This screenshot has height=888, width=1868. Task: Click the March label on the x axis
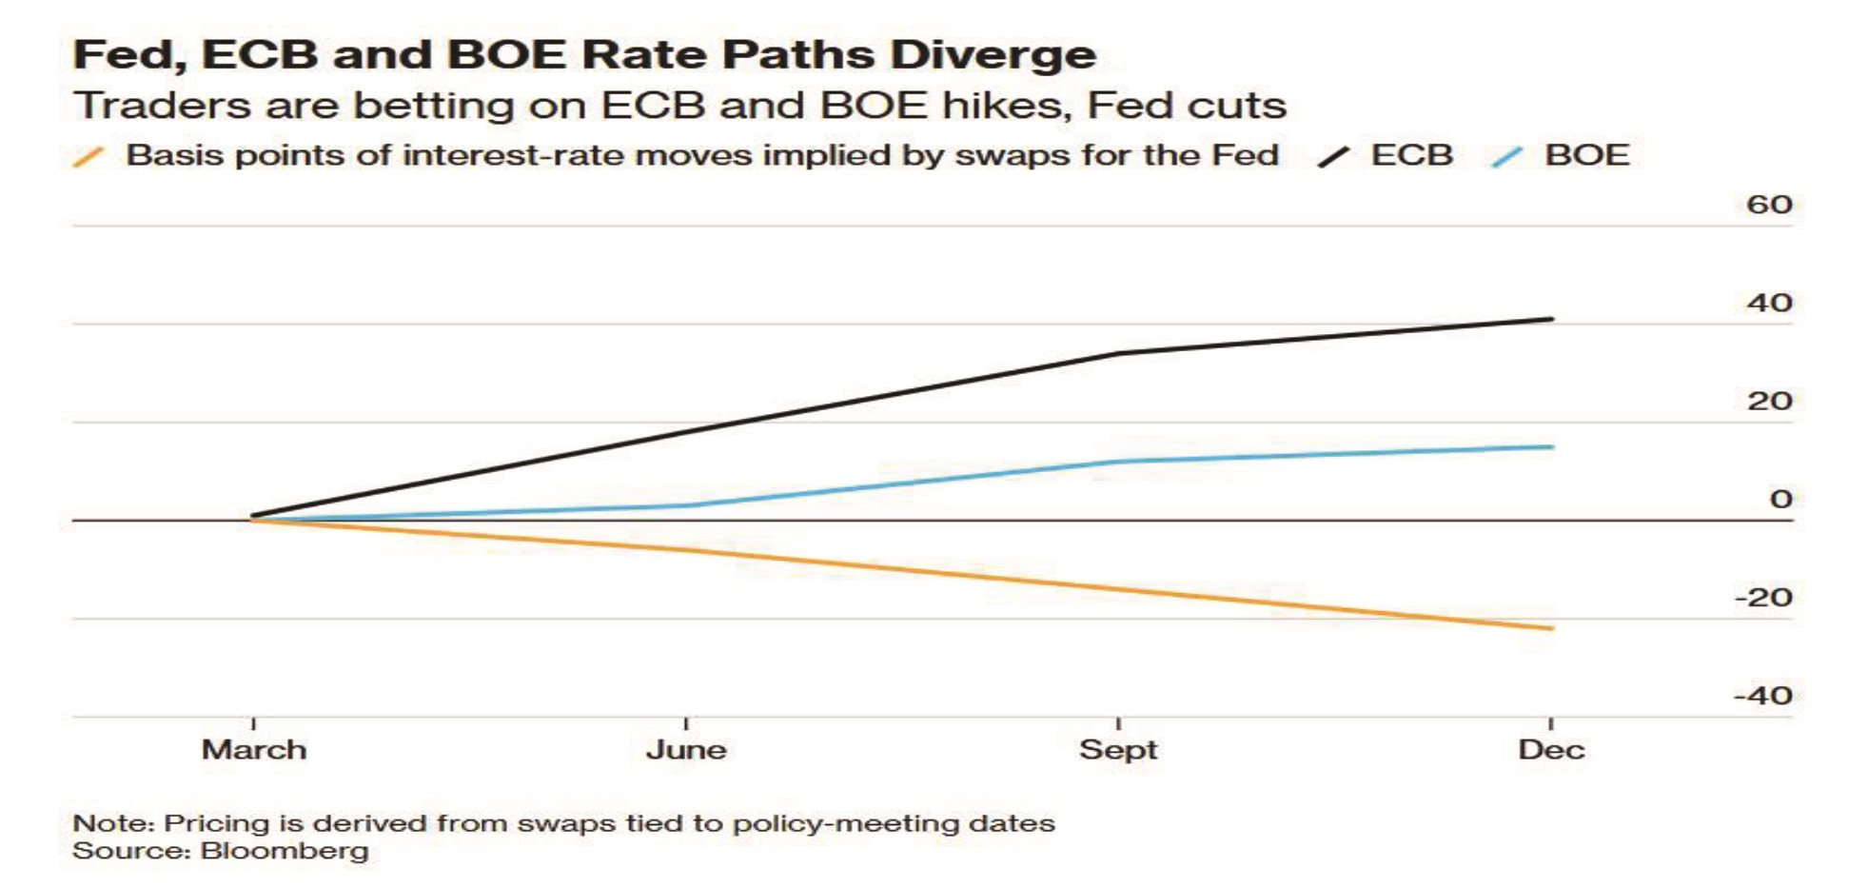coord(254,750)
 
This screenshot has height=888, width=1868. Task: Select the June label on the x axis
coord(686,750)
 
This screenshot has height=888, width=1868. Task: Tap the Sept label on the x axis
coord(1118,751)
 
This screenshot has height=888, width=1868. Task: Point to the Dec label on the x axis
coord(1551,750)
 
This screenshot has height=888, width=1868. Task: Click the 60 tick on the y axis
coord(1769,205)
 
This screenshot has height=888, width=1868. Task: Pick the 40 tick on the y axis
coord(1769,303)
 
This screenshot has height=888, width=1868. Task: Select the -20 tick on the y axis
coord(1763,598)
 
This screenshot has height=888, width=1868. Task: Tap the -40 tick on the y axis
coord(1763,696)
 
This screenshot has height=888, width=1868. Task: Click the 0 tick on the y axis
coord(1781,499)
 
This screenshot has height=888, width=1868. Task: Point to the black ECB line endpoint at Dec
coord(1552,319)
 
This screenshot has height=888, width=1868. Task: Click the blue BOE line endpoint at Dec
coord(1552,446)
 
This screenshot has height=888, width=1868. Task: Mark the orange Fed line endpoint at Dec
coord(1552,628)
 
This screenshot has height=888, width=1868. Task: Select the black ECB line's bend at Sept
coord(1118,354)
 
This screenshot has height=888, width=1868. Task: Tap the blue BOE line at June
coord(686,505)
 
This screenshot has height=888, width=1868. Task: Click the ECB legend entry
coord(1386,155)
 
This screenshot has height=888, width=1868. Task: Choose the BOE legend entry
coord(1561,155)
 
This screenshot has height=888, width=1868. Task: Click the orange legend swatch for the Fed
coord(88,157)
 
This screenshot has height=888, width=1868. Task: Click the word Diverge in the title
coord(993,55)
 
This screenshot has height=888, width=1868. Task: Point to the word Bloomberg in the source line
coord(285,851)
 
